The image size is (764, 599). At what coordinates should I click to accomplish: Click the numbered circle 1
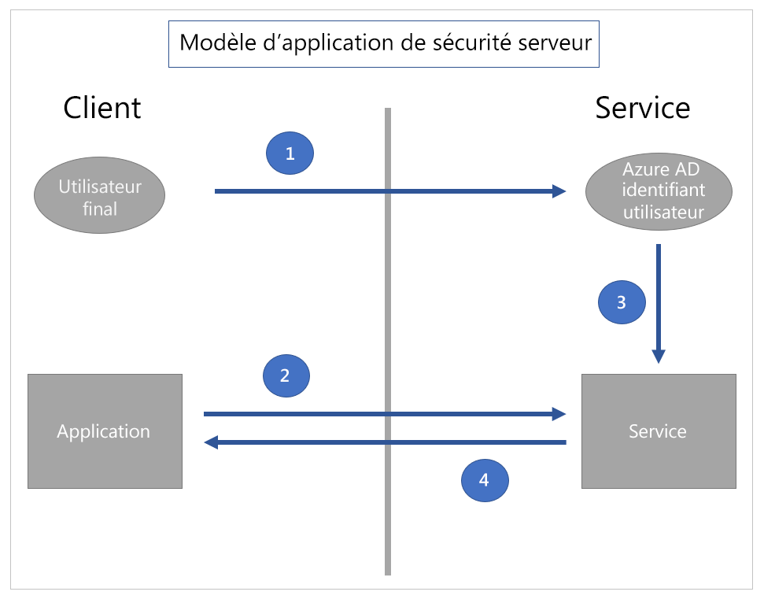click(290, 153)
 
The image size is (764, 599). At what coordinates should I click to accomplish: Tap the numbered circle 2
click(286, 375)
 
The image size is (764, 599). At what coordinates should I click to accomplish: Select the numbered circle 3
click(622, 303)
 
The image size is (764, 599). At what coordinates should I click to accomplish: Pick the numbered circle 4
click(484, 480)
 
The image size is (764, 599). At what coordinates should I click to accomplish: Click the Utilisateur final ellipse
click(100, 197)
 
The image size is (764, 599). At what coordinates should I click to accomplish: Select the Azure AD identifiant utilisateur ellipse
click(659, 191)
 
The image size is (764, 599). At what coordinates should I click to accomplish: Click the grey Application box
click(105, 431)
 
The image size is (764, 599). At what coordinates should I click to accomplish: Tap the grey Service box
click(659, 431)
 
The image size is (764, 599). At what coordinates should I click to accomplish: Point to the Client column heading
click(102, 108)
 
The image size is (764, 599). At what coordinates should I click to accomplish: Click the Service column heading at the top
click(642, 108)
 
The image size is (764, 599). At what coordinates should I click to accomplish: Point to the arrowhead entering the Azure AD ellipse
click(559, 191)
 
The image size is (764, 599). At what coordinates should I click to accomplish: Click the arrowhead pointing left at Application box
click(211, 443)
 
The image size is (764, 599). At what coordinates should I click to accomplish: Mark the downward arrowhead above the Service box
click(659, 356)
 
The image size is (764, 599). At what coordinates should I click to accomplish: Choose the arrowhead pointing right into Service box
click(559, 413)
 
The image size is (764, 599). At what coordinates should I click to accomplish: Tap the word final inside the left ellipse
click(100, 209)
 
